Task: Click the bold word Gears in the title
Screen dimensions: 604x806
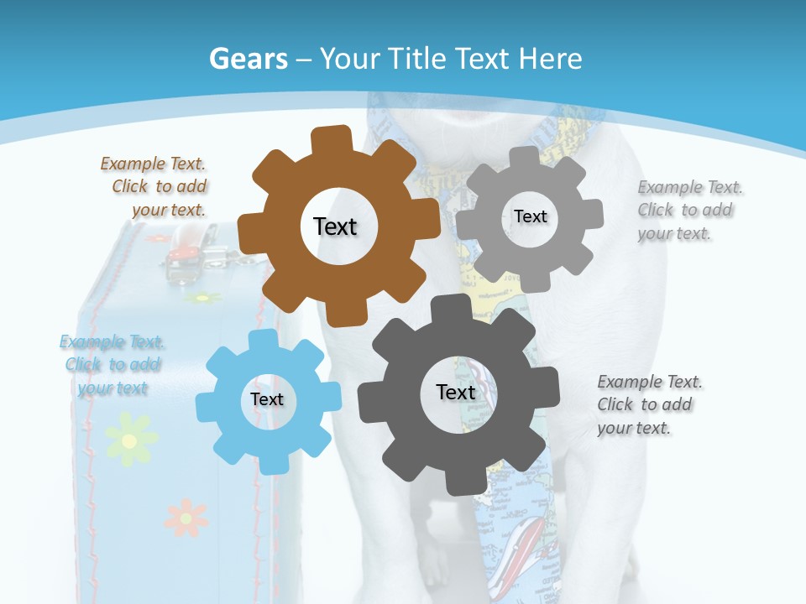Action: point(245,59)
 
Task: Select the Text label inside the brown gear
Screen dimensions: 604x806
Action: point(335,226)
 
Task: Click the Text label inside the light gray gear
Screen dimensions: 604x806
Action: point(530,216)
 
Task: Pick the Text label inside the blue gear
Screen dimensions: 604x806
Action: point(267,399)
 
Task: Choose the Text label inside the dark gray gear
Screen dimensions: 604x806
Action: point(456,392)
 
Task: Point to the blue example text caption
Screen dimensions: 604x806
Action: point(112,365)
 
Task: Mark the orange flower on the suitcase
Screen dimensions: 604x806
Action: point(186,517)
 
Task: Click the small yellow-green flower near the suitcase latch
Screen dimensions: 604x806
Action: point(202,297)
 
